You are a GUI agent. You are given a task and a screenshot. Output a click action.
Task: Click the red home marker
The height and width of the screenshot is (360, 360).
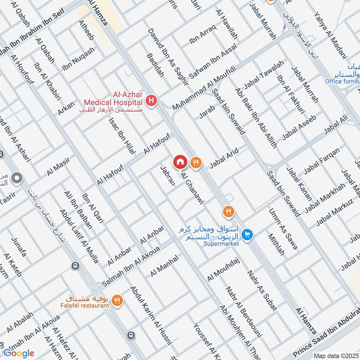[x=180, y=162]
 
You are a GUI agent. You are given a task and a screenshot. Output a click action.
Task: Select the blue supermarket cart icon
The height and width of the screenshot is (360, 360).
[x=246, y=234]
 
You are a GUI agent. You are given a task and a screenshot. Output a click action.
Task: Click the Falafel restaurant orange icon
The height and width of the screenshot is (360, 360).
[x=117, y=300]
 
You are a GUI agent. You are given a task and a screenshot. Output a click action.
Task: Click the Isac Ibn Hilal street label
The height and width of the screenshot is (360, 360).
[x=119, y=135]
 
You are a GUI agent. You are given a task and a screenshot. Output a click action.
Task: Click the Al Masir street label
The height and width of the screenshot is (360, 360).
[x=58, y=166]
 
